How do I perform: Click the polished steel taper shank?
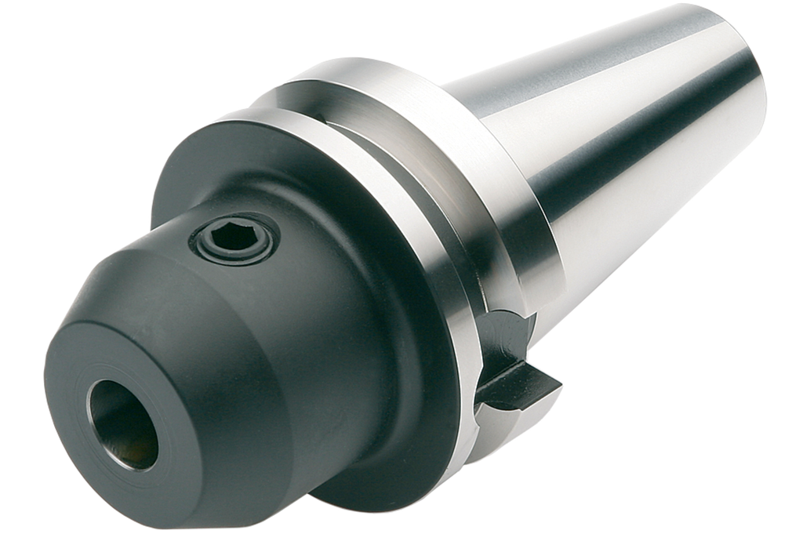pos(627,157)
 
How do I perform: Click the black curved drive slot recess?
pos(502,337)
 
